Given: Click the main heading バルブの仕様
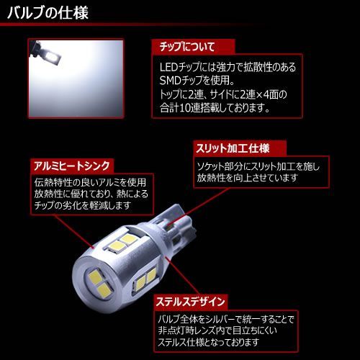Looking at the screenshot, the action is coord(48,12).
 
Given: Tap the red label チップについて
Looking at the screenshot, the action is coord(187,47).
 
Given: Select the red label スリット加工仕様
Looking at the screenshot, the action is coord(233,148).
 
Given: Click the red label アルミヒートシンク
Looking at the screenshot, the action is coord(72,166).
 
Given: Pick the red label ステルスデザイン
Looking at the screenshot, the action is coord(190,302).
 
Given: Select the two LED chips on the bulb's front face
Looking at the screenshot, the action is coord(100,283).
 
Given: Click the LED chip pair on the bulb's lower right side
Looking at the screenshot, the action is coord(145,279).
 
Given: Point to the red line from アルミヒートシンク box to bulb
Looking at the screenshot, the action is coord(75,232).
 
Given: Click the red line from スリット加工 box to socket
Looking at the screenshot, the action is coord(199,207).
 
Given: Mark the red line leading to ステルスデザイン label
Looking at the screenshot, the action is coord(182,276).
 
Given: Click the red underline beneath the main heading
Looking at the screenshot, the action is coord(127,24).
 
